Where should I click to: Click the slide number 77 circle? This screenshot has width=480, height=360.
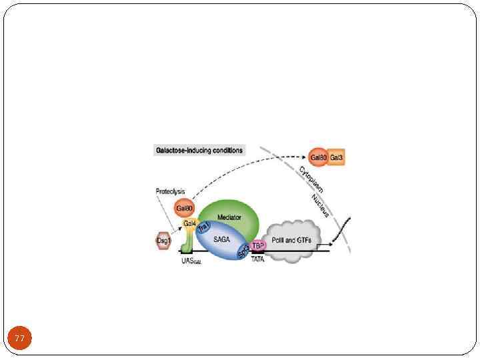pos(20,339)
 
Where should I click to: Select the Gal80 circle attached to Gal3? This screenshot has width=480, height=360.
pos(318,158)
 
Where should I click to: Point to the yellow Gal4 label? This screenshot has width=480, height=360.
pos(190,223)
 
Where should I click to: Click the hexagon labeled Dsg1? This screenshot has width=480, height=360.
pos(163,239)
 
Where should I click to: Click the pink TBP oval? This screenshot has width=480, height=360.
pos(259,245)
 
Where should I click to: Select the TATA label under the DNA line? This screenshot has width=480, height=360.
pos(258,259)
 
